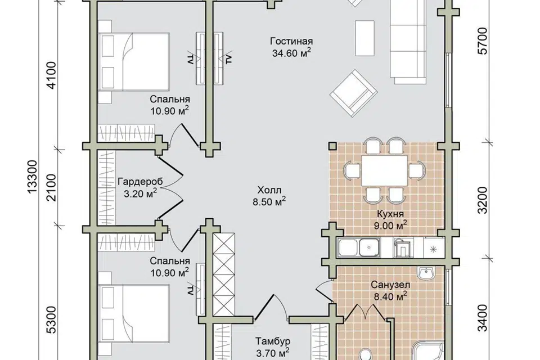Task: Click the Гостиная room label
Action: (x=291, y=42)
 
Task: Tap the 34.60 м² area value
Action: (x=292, y=53)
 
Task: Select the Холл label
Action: (x=269, y=190)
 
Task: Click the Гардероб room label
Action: (x=140, y=182)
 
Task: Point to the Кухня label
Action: (x=390, y=214)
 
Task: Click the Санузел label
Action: (x=390, y=285)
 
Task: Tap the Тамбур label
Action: (x=273, y=341)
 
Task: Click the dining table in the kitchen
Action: (x=384, y=171)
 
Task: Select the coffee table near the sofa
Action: (x=364, y=38)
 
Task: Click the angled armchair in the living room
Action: (x=353, y=93)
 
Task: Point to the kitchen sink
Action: (x=369, y=247)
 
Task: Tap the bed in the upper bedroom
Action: (x=134, y=62)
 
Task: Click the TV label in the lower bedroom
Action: (x=190, y=289)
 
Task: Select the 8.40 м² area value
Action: (x=390, y=296)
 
